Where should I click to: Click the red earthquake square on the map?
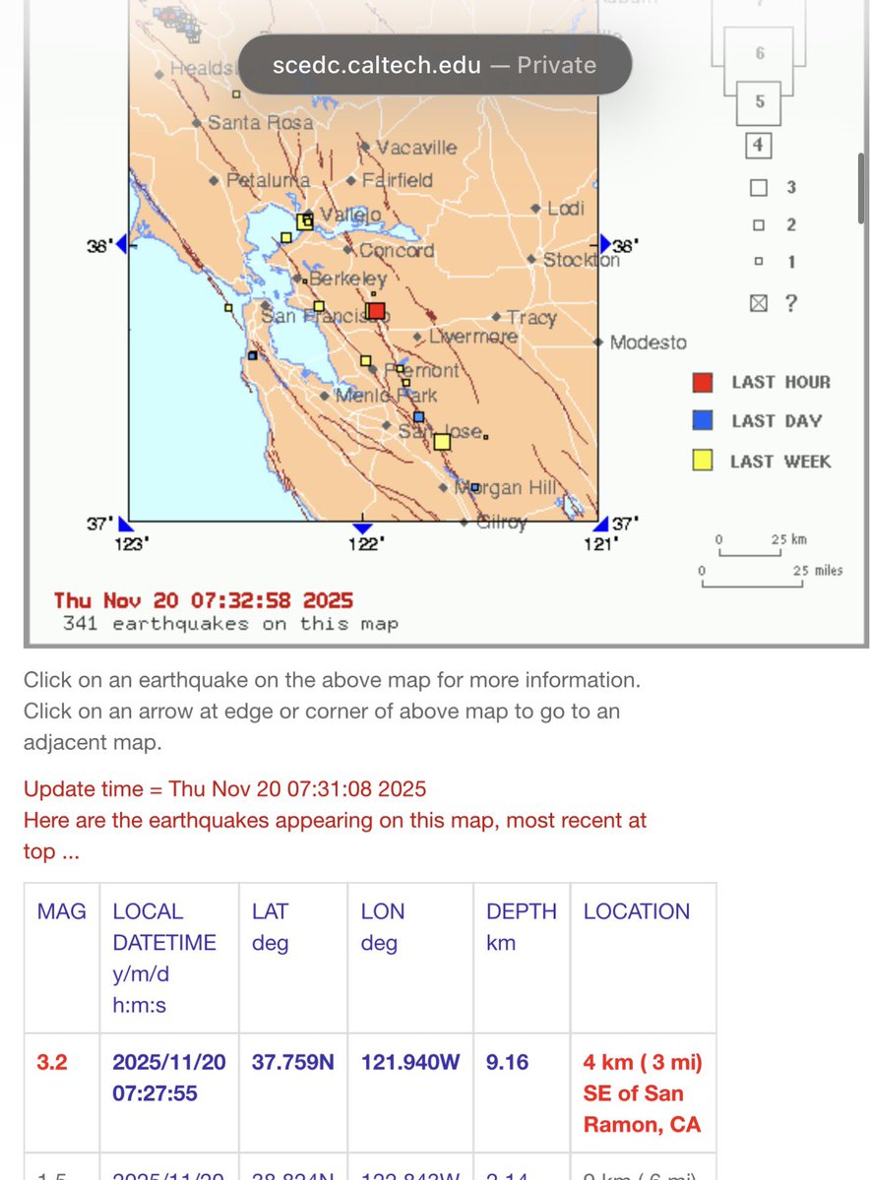coord(376,311)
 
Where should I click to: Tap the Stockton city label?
coord(582,260)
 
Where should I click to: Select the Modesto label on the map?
coord(648,342)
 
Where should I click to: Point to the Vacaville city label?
coord(416,148)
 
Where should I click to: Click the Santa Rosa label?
coord(260,123)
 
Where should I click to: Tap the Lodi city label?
coord(565,208)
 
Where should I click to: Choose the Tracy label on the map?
coord(531,318)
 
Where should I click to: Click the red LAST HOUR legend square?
coord(703,382)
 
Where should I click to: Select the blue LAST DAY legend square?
coord(703,421)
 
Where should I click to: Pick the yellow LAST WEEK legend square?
coord(703,461)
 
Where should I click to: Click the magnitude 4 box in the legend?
coord(758,146)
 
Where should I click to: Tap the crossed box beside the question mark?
coord(758,303)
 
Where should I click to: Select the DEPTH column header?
coord(521,911)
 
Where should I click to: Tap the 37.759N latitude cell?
coord(291,1062)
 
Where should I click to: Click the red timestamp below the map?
coord(204,600)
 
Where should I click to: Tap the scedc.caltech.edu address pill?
coord(434,65)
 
